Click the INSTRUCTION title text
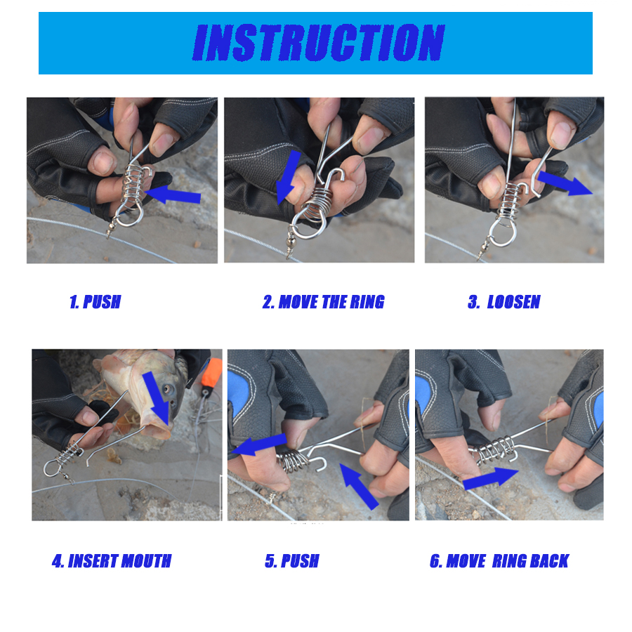tap(318, 42)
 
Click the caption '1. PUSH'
tap(95, 302)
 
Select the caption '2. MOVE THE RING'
tap(323, 302)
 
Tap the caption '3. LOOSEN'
tap(503, 302)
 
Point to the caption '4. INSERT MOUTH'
tap(112, 561)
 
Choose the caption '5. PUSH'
tap(292, 561)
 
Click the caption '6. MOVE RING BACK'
tap(499, 561)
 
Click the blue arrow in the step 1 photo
tap(173, 195)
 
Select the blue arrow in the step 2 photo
tap(289, 178)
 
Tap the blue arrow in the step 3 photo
tap(565, 183)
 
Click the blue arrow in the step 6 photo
tap(491, 478)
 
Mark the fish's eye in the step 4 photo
tap(166, 389)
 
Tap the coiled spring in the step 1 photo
tap(133, 183)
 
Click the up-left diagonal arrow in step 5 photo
tap(359, 487)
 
